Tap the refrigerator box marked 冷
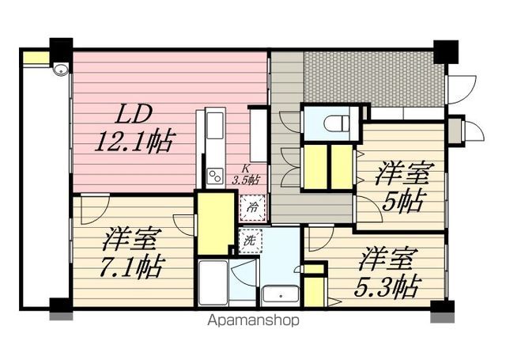tap(251, 208)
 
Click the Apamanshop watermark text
tap(253, 321)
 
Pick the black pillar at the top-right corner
tap(445, 50)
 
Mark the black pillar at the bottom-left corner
tap(60, 305)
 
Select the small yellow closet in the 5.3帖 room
tap(314, 289)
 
